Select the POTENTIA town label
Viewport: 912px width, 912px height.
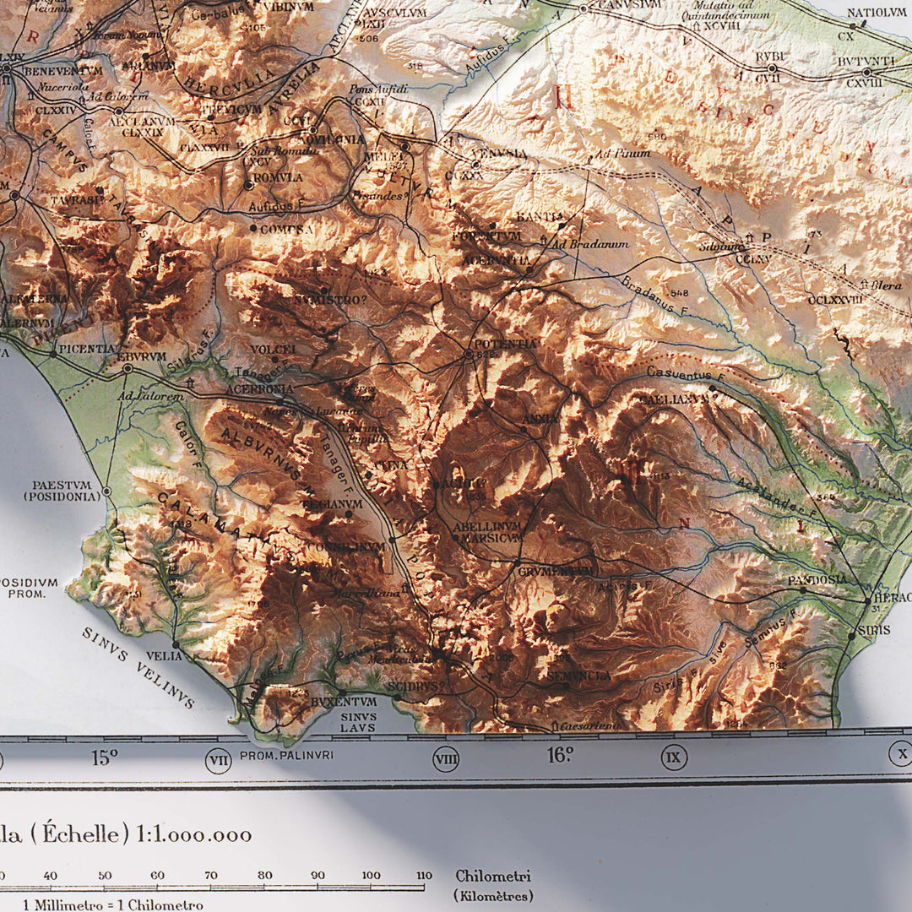pyautogui.click(x=505, y=344)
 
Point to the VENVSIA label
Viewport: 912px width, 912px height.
pyautogui.click(x=499, y=154)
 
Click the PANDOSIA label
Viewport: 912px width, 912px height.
pyautogui.click(x=817, y=580)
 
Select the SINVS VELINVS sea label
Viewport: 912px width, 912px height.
pyautogui.click(x=138, y=667)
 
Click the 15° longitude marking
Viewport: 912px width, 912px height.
pyautogui.click(x=104, y=757)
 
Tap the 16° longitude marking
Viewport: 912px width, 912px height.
pyautogui.click(x=560, y=755)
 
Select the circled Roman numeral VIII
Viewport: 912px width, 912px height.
pyautogui.click(x=446, y=759)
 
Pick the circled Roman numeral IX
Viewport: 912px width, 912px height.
pyautogui.click(x=672, y=757)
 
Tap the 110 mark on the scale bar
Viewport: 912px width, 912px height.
pyautogui.click(x=424, y=876)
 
